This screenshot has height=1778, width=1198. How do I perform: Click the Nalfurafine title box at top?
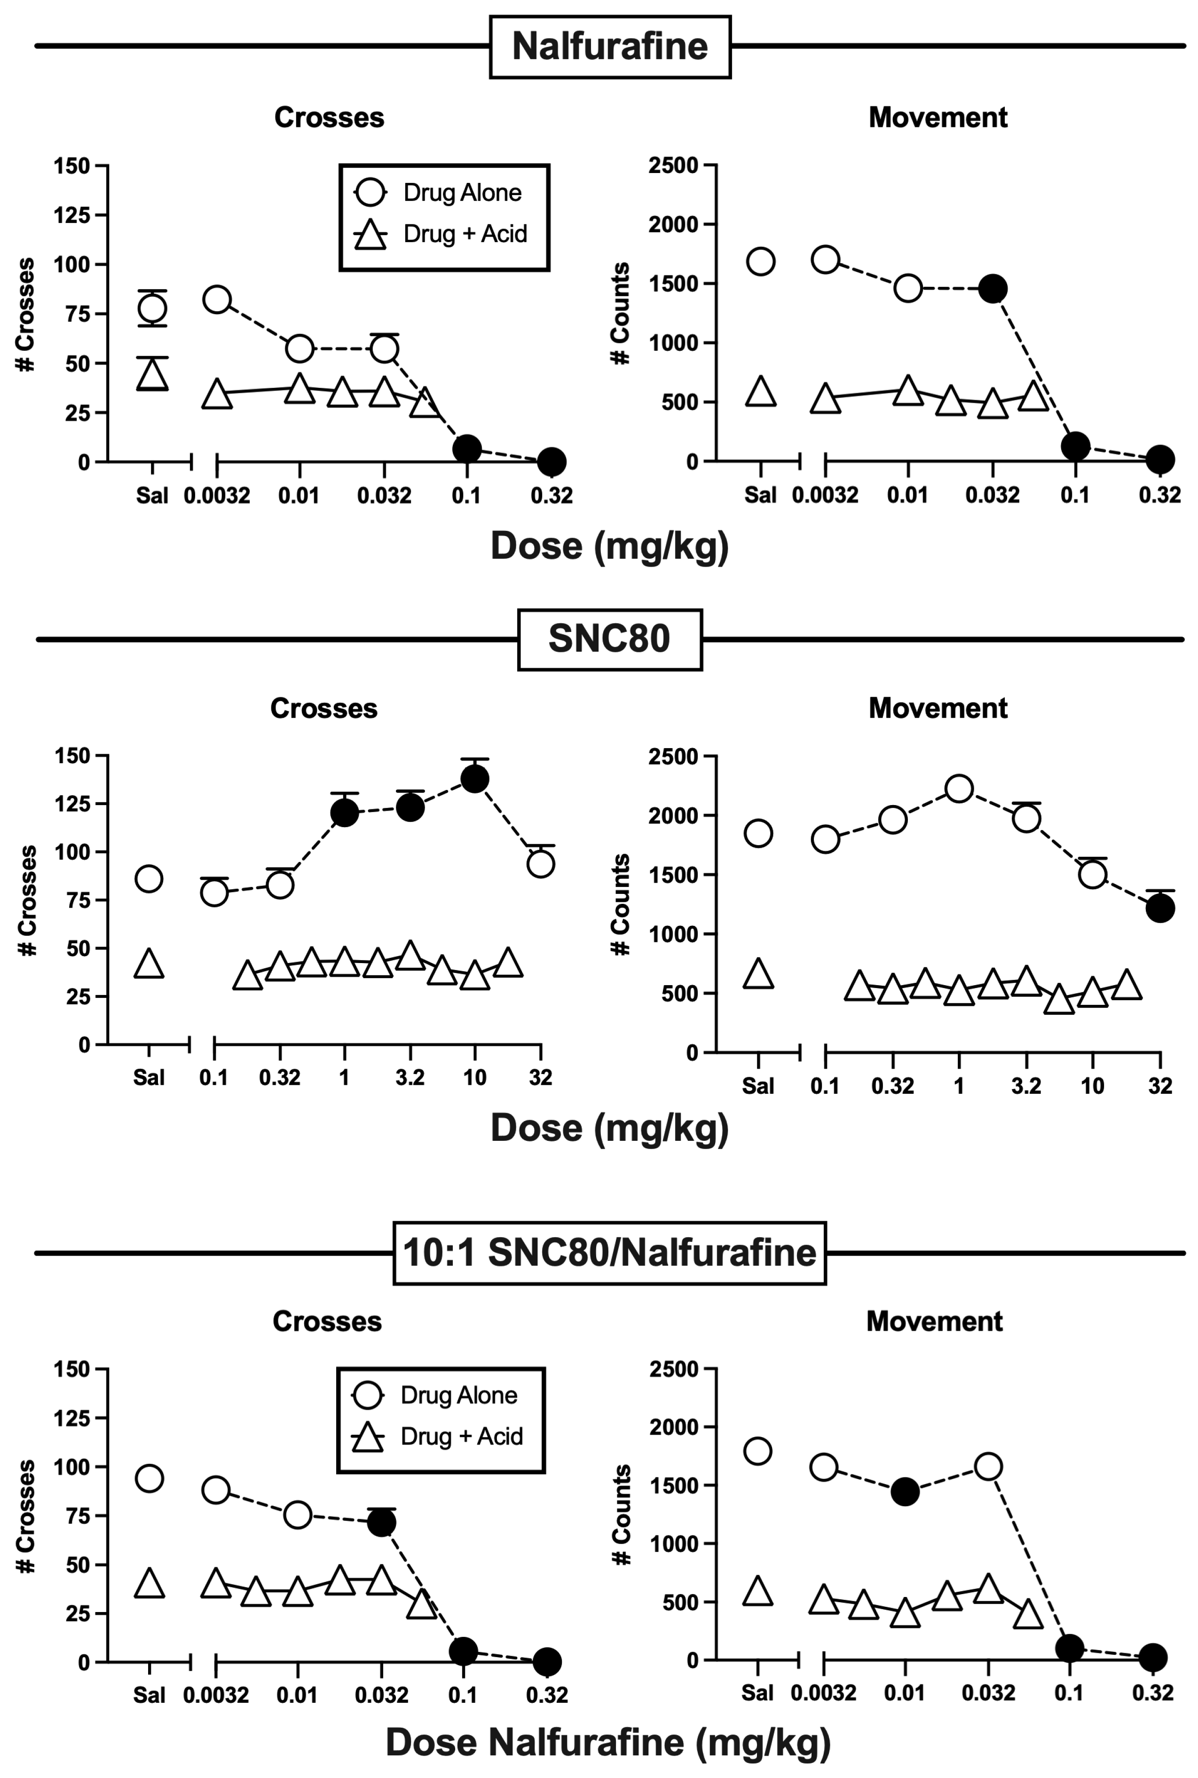[610, 47]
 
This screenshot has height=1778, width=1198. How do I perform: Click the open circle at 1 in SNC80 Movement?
[959, 789]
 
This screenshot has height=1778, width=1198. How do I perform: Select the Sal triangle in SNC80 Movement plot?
[758, 974]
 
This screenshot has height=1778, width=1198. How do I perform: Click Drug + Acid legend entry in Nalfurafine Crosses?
[443, 234]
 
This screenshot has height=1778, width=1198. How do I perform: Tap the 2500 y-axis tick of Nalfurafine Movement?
[673, 165]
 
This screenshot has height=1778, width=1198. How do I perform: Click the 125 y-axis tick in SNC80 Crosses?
[72, 804]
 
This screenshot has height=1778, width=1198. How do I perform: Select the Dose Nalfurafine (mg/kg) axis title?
[608, 1743]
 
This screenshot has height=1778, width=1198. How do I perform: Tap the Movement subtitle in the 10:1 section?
[934, 1321]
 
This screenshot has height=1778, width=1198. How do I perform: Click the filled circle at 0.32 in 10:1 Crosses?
[546, 1661]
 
